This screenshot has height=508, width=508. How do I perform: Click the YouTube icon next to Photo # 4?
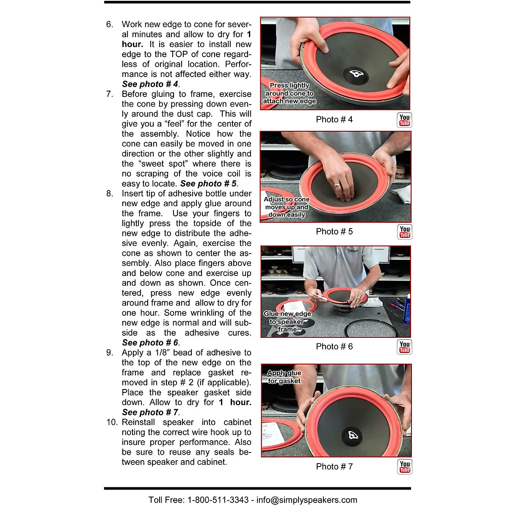point(405,120)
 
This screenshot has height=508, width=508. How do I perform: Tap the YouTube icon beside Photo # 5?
point(405,232)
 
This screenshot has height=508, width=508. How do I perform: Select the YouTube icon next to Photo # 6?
point(405,347)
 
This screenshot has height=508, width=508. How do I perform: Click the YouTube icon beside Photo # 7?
point(405,467)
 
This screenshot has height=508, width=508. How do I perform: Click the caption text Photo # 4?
point(334,120)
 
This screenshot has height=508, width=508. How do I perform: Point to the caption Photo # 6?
point(334,347)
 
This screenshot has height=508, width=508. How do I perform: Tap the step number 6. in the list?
point(110,25)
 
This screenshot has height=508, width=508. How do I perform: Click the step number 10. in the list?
point(111,422)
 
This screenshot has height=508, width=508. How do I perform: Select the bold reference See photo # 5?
point(208,184)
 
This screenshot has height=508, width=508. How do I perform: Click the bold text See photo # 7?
point(150,412)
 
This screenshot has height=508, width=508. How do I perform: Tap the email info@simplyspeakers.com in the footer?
point(306,500)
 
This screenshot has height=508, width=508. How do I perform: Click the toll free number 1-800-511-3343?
point(218,500)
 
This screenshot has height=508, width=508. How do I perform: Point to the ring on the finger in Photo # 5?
point(337,185)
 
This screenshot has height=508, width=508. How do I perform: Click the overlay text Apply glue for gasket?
point(284,377)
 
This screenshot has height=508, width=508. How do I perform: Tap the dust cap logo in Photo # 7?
point(353,436)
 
